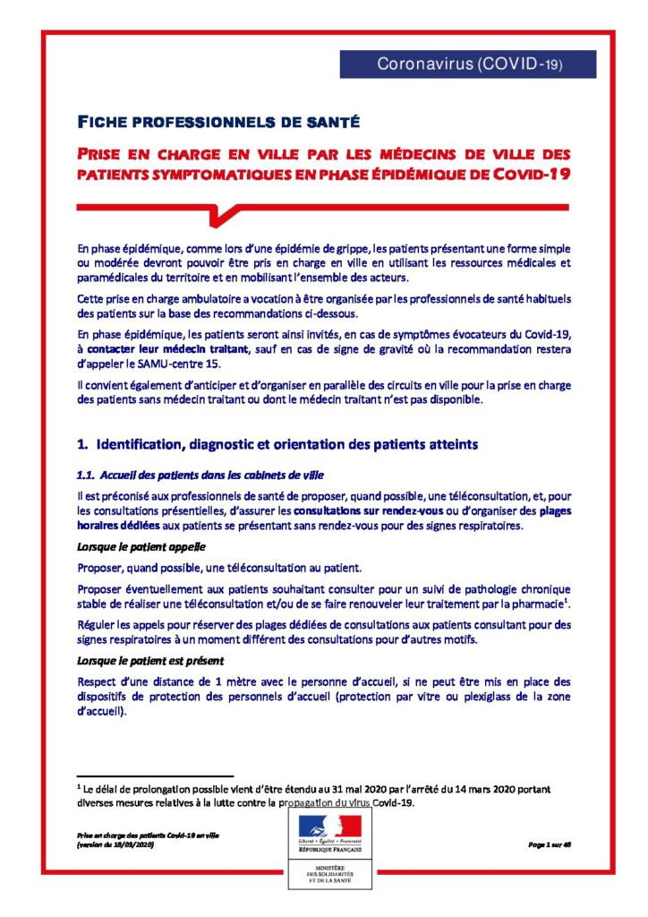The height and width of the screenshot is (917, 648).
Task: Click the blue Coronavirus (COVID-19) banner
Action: click(x=467, y=64)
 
